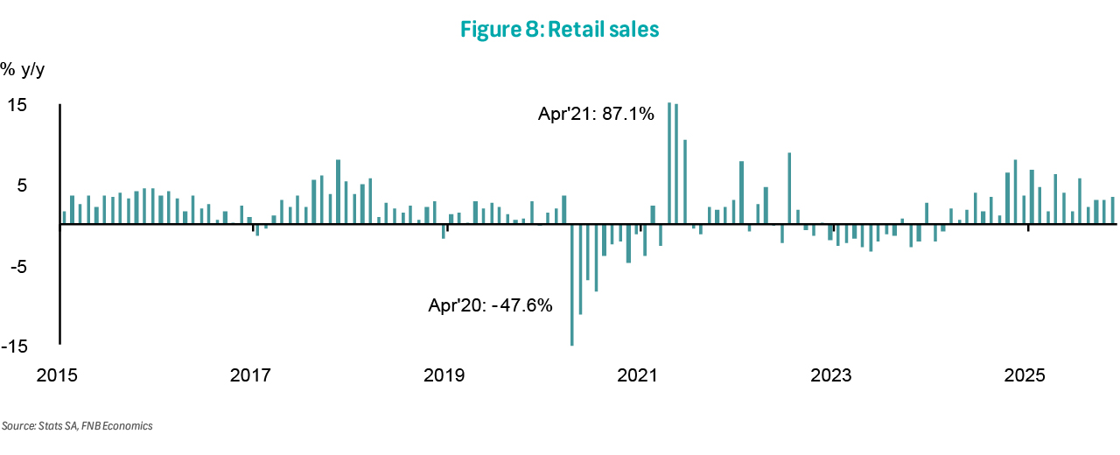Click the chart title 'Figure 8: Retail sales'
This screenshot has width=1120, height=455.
pos(559,30)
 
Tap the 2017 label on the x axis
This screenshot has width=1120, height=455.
pos(250,376)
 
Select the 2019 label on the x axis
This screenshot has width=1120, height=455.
pos(444,376)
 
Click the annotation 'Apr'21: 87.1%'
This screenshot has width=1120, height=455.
pos(595,114)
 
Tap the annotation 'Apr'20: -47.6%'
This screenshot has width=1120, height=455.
pos(490,306)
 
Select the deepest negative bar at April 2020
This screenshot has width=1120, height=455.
pos(572,284)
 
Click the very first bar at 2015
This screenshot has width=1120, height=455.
pos(64,218)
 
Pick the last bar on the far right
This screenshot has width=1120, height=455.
pos(1112,211)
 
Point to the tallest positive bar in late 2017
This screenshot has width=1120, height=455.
pos(339,192)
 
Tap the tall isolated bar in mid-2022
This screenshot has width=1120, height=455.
pos(790,188)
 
